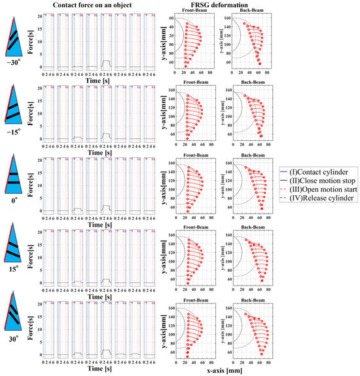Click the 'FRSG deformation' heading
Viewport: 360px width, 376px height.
[x=213, y=5]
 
